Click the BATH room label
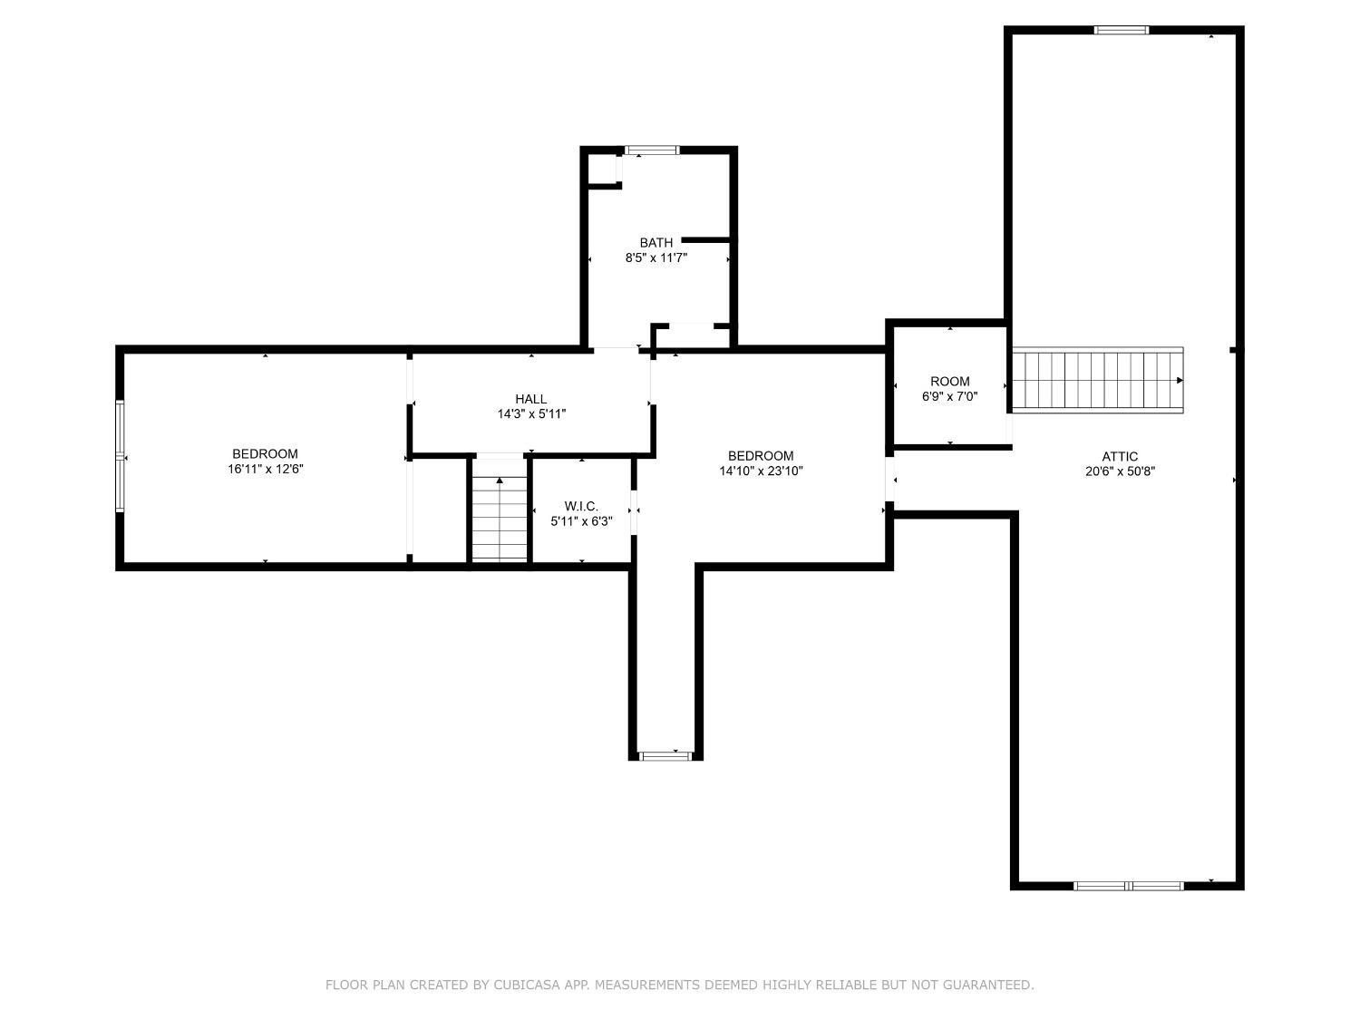(656, 242)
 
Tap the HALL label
(531, 399)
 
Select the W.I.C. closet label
(581, 506)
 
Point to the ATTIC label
(1120, 456)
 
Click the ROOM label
(950, 381)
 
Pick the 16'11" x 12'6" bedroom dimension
(265, 469)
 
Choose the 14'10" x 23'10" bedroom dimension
(761, 471)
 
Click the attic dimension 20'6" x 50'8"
(1121, 471)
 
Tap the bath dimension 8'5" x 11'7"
(656, 257)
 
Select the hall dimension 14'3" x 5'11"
(531, 413)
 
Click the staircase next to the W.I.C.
(500, 509)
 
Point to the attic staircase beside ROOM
(1097, 380)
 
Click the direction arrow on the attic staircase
(1179, 380)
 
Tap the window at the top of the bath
(652, 150)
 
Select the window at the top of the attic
(1122, 30)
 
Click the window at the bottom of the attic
(1128, 886)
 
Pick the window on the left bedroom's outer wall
(121, 456)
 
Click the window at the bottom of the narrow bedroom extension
(665, 756)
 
